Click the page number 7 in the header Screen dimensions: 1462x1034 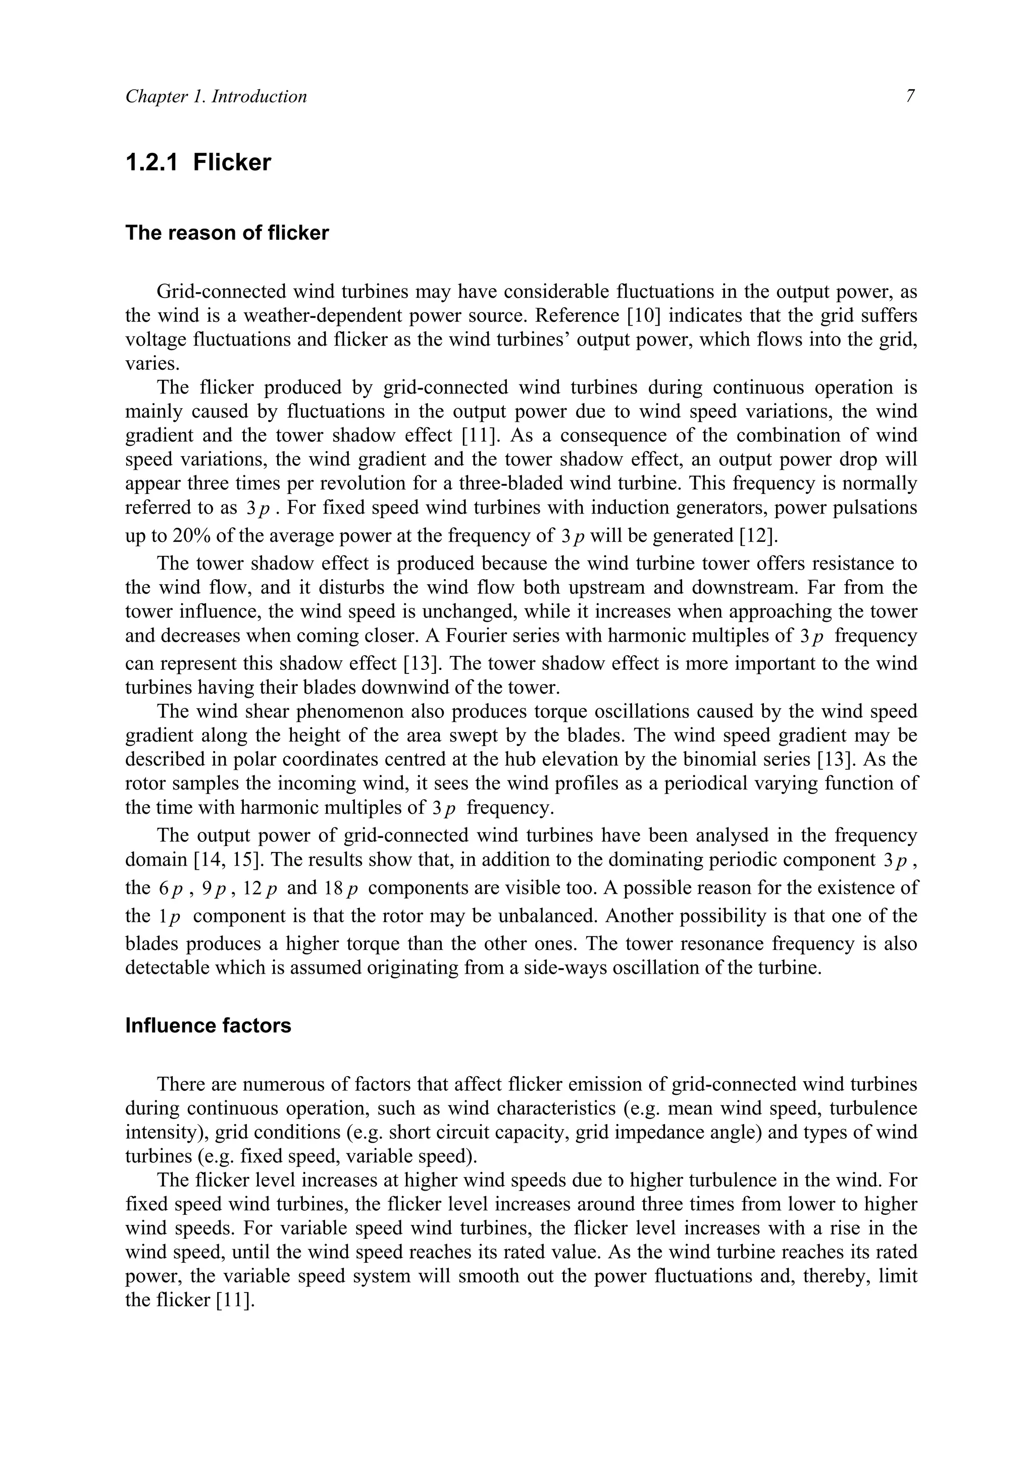tap(910, 96)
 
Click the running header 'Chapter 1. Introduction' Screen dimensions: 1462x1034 tap(216, 96)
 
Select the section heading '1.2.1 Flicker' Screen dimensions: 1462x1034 tap(198, 162)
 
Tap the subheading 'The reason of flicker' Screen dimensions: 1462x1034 tap(227, 233)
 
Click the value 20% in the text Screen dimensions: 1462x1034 tap(191, 536)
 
